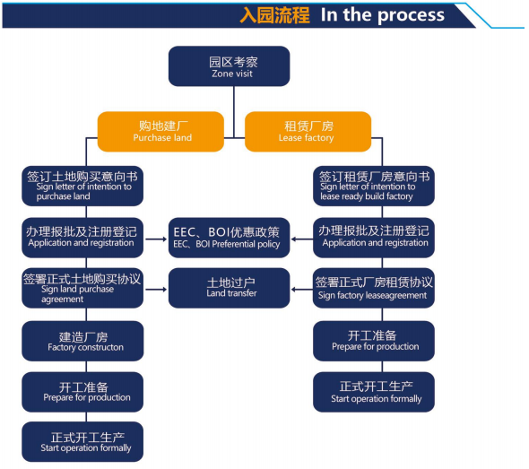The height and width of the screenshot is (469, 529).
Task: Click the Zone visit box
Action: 229,66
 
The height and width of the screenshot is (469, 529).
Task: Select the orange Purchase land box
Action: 160,132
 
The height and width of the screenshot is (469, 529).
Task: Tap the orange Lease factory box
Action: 308,132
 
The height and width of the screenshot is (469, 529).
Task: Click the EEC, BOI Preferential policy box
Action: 229,238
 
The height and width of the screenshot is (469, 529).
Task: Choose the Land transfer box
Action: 229,288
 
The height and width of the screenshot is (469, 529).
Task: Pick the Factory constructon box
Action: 82,341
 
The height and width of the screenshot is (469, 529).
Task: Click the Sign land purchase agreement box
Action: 82,288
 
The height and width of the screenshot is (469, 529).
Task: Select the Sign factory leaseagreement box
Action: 374,288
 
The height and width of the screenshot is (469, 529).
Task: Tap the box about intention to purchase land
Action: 82,186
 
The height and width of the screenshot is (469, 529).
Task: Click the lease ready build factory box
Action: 374,186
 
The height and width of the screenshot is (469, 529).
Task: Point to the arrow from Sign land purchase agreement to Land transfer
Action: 156,290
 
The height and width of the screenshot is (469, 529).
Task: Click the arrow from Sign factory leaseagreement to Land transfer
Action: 302,290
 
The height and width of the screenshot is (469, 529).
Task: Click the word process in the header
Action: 411,15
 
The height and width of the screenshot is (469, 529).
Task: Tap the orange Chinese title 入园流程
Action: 274,15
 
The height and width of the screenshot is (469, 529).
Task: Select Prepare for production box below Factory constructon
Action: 82,392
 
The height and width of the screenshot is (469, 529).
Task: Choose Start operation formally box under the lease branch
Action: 374,392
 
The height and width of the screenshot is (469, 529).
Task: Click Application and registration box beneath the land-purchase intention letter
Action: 82,238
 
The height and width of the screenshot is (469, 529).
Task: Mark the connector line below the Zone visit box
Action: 234,112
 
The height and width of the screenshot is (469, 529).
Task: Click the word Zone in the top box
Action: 221,74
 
